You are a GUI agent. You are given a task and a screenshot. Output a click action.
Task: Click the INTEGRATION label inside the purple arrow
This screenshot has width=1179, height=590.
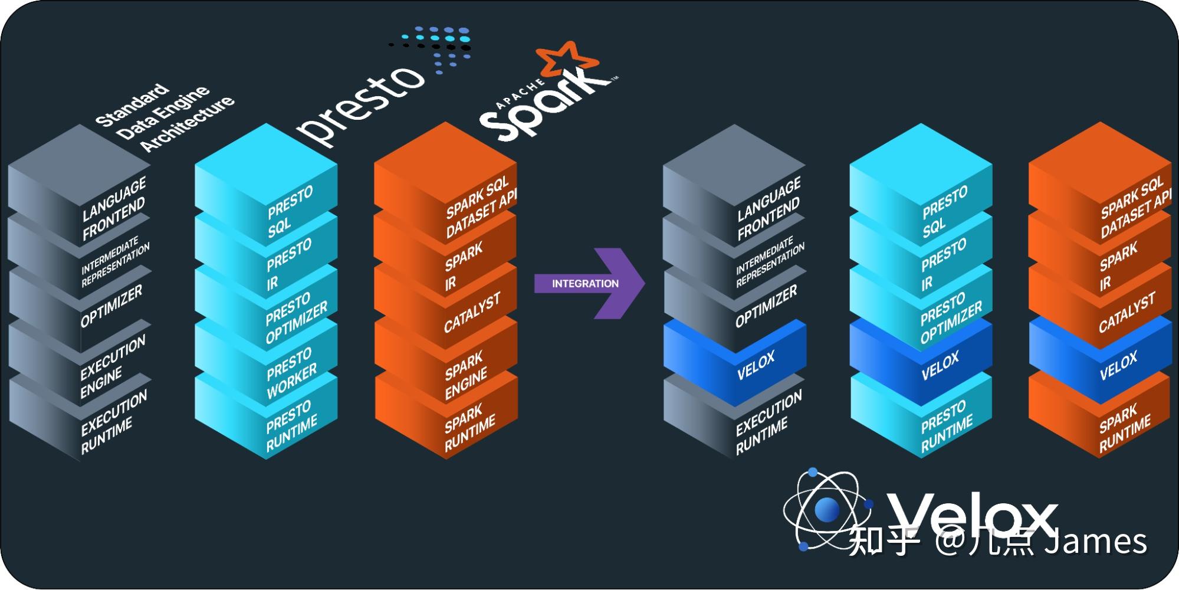[x=584, y=284]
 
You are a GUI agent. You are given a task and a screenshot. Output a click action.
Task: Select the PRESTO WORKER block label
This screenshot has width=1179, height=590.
[x=291, y=373]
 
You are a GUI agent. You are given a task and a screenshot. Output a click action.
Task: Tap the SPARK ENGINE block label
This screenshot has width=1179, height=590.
[x=465, y=376]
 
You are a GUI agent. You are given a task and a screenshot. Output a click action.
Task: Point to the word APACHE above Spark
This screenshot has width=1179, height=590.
[x=520, y=94]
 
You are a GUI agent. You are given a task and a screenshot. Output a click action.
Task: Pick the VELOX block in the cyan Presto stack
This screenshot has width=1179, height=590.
[x=940, y=366]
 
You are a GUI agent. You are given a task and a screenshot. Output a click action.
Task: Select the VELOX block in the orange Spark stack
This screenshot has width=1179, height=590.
[x=1118, y=366]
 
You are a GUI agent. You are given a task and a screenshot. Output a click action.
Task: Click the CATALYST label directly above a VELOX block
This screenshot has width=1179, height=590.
[x=1126, y=313]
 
